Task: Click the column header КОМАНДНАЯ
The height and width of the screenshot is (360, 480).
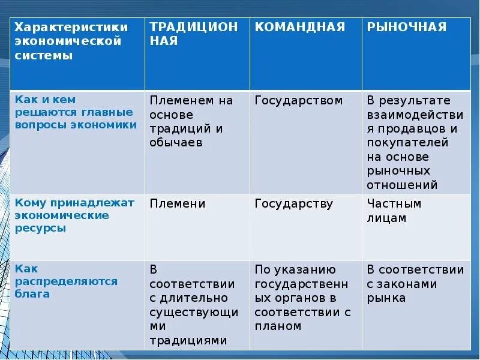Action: [299, 27]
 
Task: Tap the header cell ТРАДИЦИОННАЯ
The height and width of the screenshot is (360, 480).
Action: [193, 34]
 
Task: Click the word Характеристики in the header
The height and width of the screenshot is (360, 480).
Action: [71, 27]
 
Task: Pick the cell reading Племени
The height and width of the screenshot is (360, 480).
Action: [178, 204]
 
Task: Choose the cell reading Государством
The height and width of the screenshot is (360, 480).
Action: [298, 100]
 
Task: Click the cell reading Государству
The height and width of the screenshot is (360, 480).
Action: [293, 204]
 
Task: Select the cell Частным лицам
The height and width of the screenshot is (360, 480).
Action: [394, 211]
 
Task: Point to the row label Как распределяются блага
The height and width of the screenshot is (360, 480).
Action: [66, 281]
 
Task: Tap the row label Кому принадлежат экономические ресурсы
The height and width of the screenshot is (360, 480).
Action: [74, 215]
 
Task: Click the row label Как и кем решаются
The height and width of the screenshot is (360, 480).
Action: [74, 112]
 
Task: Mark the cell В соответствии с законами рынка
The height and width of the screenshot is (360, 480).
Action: [415, 284]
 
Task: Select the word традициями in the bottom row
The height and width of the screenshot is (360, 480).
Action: [188, 340]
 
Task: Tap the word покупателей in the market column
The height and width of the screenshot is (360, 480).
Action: [407, 143]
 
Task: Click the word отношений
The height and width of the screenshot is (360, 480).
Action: [402, 185]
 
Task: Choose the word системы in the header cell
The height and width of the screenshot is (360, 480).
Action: [44, 56]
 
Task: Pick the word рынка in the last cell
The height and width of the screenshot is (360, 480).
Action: [386, 298]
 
